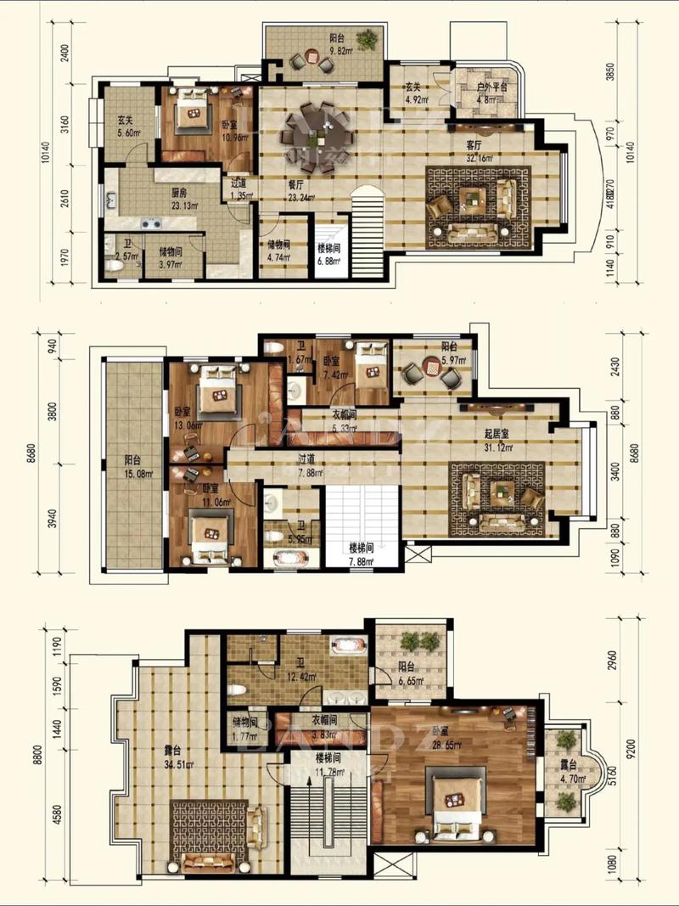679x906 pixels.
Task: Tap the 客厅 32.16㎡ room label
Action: click(480, 149)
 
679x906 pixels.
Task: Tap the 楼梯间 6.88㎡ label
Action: click(328, 257)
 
